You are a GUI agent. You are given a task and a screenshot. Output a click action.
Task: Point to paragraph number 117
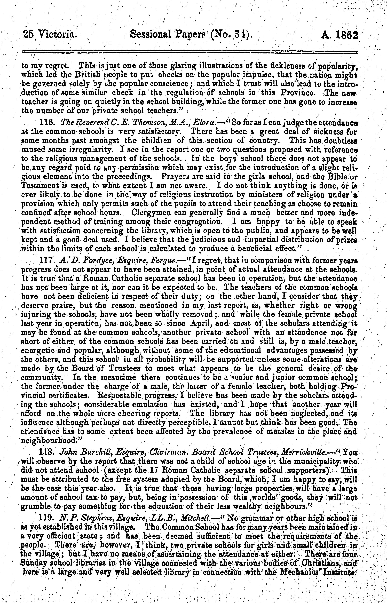[x=48, y=261]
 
